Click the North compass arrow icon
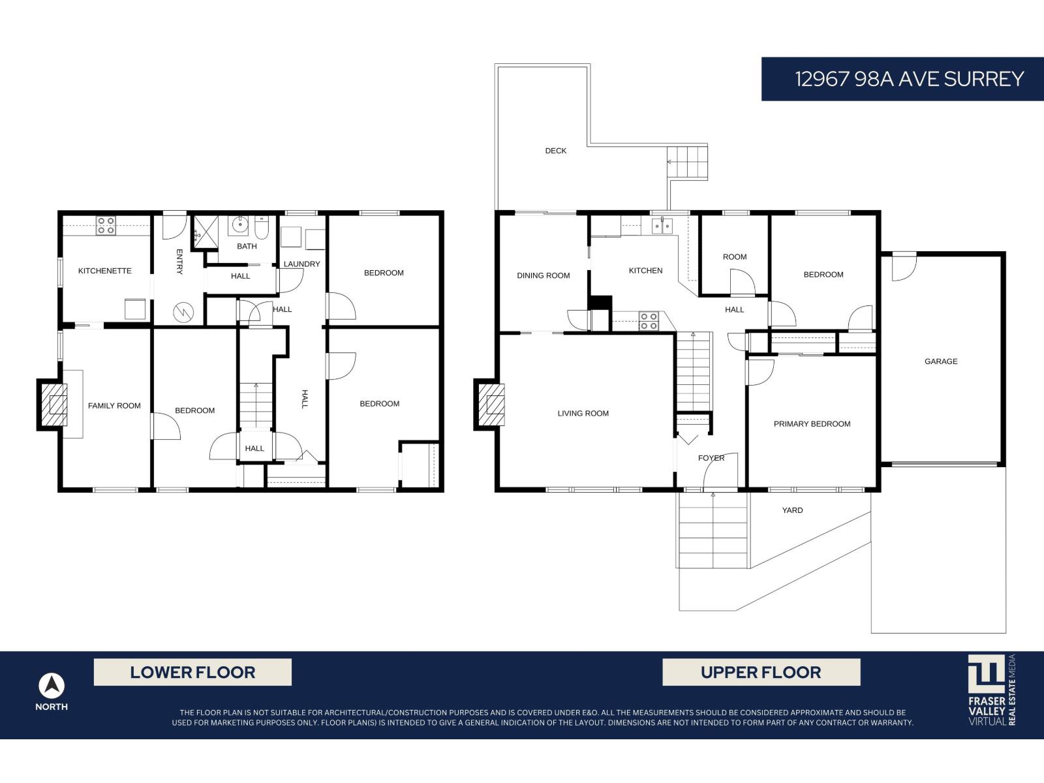(52, 686)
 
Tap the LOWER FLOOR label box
(192, 672)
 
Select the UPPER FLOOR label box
(761, 672)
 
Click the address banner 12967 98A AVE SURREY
(902, 79)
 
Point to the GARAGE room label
(941, 361)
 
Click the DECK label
(556, 151)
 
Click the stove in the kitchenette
(106, 226)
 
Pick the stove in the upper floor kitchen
(649, 320)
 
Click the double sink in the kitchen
(662, 226)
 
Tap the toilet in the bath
(262, 228)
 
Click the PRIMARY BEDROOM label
(812, 424)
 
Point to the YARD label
(792, 510)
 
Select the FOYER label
(711, 458)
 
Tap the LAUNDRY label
(301, 264)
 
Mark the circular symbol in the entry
(183, 313)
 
